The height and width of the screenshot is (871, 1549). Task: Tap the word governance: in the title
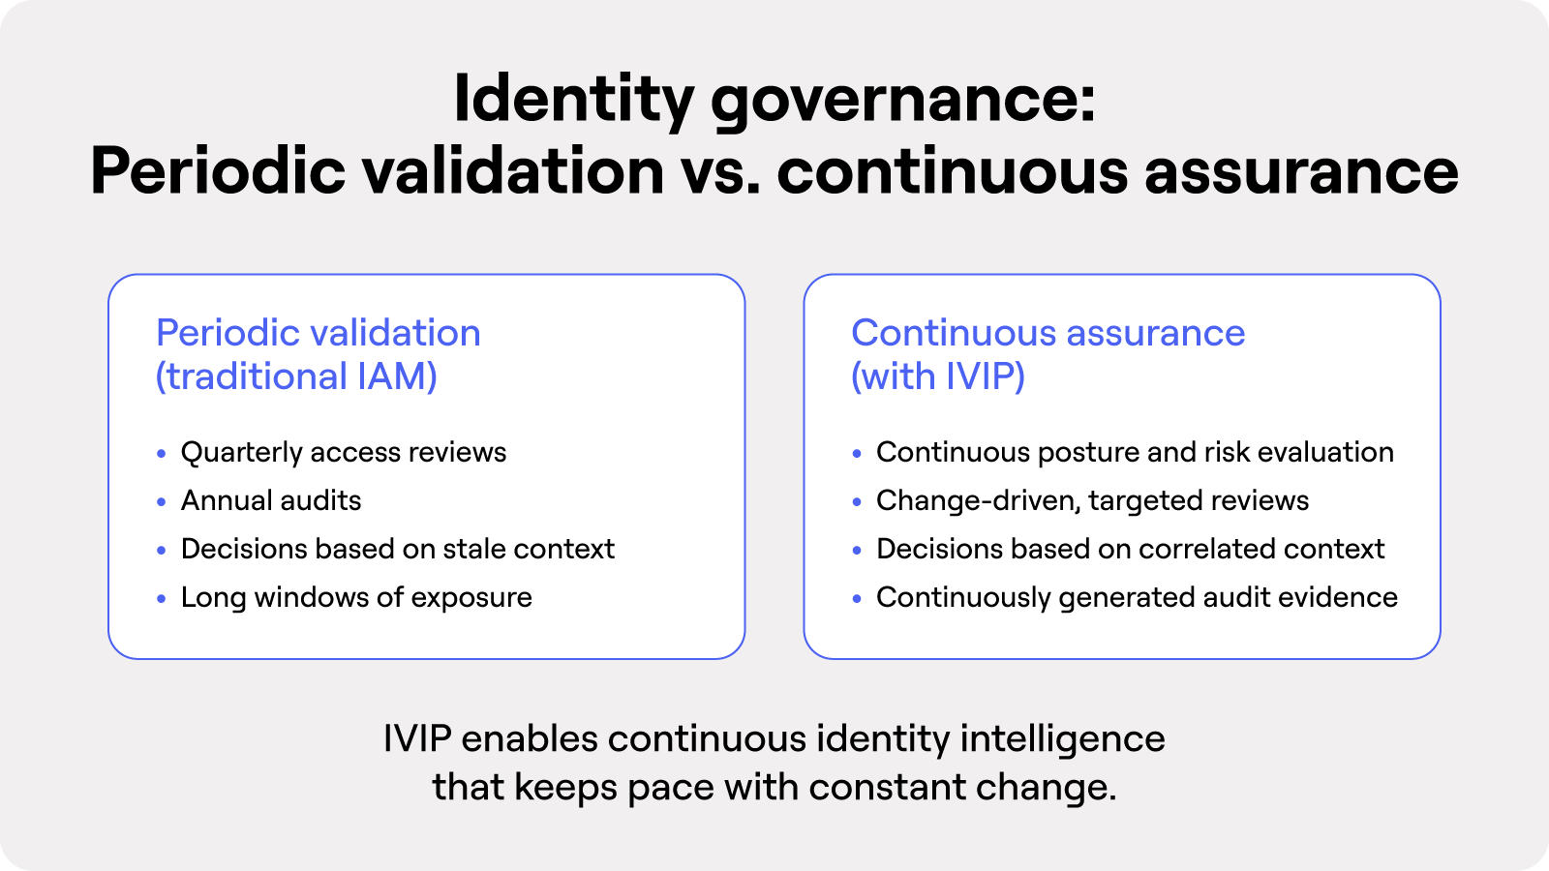pyautogui.click(x=903, y=101)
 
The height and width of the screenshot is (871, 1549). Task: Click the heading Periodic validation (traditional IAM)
pyautogui.click(x=319, y=354)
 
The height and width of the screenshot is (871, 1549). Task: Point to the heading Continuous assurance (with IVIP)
pyautogui.click(x=1048, y=354)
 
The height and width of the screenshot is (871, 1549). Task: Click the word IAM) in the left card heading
pyautogui.click(x=397, y=376)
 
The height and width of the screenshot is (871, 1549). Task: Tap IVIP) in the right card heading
pyautogui.click(x=985, y=376)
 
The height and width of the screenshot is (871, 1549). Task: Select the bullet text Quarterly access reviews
pyautogui.click(x=344, y=453)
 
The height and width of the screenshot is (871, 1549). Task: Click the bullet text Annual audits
pyautogui.click(x=271, y=500)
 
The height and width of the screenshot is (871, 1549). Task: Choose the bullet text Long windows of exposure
pyautogui.click(x=357, y=598)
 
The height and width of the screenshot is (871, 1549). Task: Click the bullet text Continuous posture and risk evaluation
pyautogui.click(x=1135, y=453)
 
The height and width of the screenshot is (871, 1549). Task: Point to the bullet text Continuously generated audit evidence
pyautogui.click(x=1137, y=598)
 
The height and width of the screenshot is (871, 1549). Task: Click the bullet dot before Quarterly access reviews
pyautogui.click(x=162, y=454)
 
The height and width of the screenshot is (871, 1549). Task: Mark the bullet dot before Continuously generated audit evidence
pyautogui.click(x=857, y=599)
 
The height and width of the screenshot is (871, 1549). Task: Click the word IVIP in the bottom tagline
pyautogui.click(x=417, y=739)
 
